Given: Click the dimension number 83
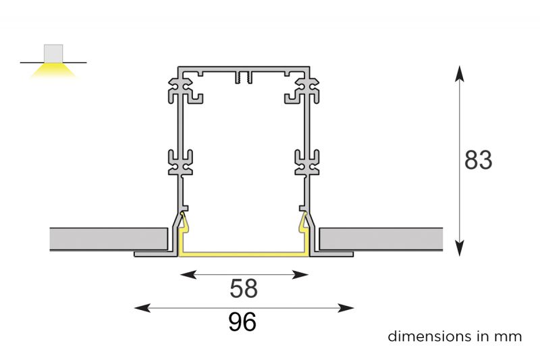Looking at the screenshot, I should click(478, 161).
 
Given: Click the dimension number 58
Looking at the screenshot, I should click(243, 288).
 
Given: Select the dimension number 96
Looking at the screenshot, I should click(242, 322).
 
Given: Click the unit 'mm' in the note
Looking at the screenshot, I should click(510, 336).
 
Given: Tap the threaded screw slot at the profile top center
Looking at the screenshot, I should click(243, 78).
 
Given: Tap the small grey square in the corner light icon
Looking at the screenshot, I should click(53, 53).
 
